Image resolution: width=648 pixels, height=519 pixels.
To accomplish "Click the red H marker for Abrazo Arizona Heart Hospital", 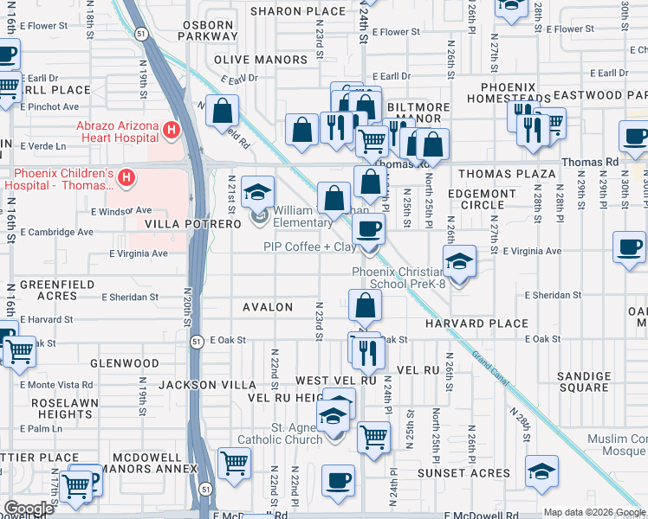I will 172,131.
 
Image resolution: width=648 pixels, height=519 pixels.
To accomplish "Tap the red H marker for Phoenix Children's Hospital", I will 127,178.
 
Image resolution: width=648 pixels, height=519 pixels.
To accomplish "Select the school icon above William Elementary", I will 257,192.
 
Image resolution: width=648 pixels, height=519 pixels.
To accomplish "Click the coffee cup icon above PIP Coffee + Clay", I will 369,230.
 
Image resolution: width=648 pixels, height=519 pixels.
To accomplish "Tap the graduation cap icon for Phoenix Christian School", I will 459,260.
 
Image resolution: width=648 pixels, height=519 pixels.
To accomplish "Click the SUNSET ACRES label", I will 464,473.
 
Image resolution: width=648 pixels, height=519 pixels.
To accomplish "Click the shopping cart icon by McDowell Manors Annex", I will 235,463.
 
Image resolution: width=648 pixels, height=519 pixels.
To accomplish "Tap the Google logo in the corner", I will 28,509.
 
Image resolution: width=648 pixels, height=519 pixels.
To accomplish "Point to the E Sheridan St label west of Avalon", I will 129,297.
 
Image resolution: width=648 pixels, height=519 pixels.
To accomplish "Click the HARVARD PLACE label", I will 476,324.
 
